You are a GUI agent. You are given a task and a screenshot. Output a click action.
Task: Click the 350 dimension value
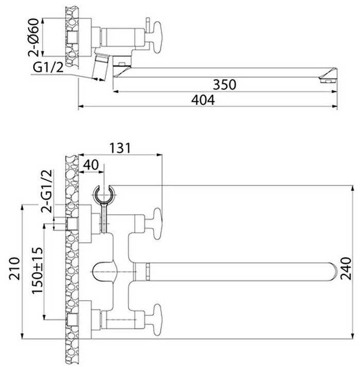(224, 84)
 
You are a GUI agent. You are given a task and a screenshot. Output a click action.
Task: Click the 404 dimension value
(203, 100)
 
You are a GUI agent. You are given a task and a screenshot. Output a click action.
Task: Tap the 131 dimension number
(120, 148)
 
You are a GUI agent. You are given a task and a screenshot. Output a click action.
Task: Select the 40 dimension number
(91, 165)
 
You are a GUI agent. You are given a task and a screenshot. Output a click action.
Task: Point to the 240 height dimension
(346, 269)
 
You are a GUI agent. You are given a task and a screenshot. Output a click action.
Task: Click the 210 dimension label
(14, 269)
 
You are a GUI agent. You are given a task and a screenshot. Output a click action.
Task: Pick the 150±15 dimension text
(38, 270)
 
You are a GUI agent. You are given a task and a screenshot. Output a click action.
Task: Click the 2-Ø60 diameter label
(33, 38)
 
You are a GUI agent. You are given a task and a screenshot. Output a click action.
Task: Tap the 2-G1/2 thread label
(46, 191)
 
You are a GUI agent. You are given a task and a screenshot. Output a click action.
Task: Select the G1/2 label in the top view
(48, 67)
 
